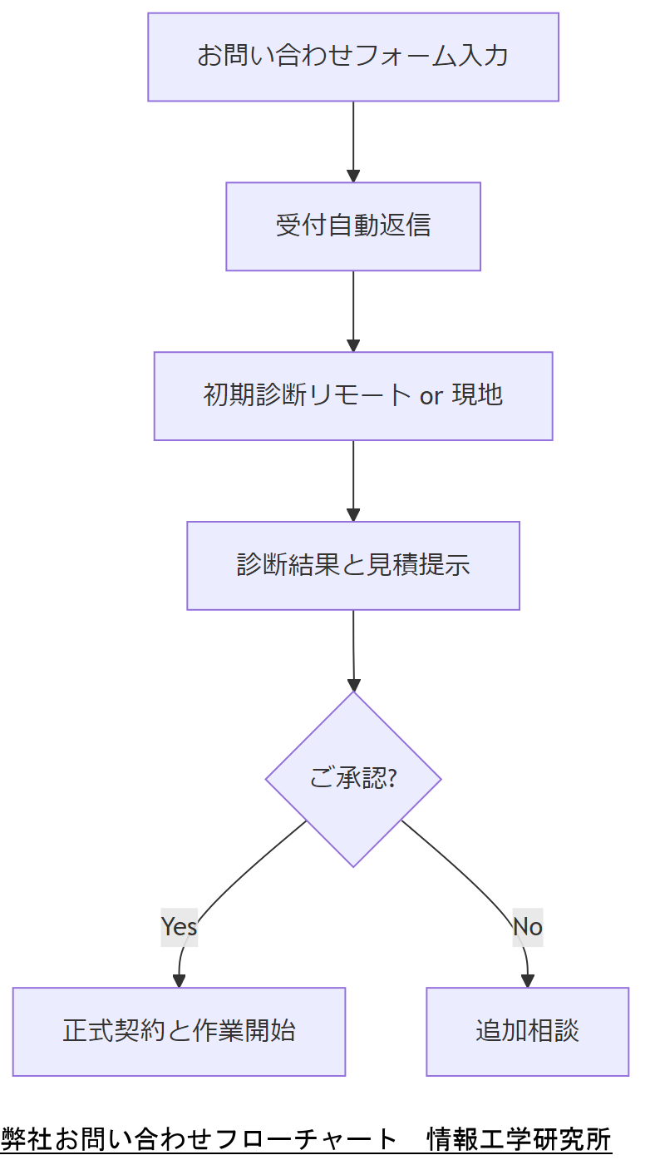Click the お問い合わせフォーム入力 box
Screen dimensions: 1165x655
point(352,57)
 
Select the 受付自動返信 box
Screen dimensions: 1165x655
point(352,226)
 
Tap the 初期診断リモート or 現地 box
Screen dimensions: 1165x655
point(352,396)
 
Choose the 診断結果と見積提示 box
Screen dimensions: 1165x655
point(352,566)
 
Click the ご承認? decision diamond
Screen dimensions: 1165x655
point(352,779)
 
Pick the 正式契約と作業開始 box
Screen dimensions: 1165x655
point(179,1032)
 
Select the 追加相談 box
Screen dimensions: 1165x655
point(527,1032)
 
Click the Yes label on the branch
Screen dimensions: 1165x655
point(179,926)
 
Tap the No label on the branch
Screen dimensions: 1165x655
point(527,926)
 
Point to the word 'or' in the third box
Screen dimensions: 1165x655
point(431,396)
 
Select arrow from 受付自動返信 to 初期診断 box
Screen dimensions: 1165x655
point(353,310)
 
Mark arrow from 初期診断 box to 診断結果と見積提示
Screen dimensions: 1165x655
point(353,479)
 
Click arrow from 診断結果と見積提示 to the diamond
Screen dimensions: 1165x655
point(353,649)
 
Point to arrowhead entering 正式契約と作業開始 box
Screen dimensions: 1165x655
point(179,981)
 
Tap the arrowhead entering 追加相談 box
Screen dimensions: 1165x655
point(527,981)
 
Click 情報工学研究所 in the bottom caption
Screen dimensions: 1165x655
point(519,1138)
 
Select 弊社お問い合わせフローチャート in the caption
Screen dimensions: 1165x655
point(199,1138)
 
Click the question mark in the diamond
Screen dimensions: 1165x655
point(392,780)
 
